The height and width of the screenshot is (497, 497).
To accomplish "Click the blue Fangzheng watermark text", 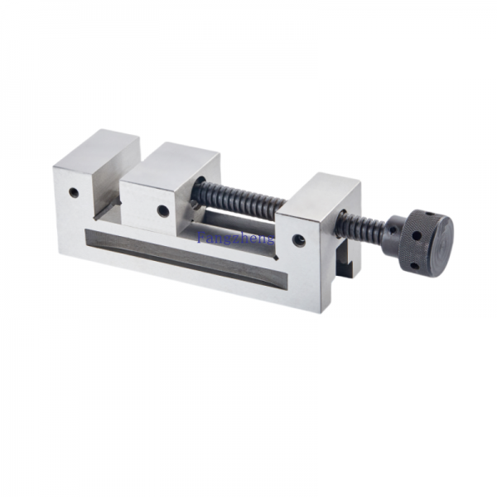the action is (235, 238).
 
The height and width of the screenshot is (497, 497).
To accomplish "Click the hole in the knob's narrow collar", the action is (393, 229).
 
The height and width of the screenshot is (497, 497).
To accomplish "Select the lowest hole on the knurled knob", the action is (413, 266).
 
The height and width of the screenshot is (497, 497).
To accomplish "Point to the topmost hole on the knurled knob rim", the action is (428, 214).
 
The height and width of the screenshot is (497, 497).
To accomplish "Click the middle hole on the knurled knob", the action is (416, 236).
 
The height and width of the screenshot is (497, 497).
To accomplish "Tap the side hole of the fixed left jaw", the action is (74, 192).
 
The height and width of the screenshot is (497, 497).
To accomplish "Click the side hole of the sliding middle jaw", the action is (163, 210).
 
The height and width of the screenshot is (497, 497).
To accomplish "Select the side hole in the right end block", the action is (299, 240).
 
